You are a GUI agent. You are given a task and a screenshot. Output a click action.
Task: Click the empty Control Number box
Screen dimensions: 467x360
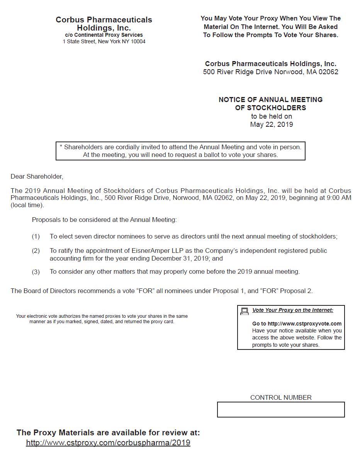point(281,409)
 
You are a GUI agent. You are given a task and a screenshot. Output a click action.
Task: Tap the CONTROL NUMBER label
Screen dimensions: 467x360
point(281,397)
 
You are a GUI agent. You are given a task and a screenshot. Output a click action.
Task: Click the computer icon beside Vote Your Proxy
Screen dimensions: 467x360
point(244,311)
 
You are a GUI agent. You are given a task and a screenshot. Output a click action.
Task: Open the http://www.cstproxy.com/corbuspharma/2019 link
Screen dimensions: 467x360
point(108,443)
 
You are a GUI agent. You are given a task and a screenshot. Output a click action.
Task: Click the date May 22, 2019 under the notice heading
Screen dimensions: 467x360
point(272,124)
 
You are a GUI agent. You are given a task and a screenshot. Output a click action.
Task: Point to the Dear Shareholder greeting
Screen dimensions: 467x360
point(37,177)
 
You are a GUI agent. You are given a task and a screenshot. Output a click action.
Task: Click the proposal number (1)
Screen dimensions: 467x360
point(36,237)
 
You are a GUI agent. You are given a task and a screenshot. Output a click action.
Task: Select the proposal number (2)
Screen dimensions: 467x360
point(36,251)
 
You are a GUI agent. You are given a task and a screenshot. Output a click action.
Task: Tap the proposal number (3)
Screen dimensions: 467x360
point(36,272)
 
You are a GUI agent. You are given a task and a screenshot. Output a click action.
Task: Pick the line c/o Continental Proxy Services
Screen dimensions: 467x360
point(104,35)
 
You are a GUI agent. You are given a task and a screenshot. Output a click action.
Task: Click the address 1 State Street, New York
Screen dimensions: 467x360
point(104,42)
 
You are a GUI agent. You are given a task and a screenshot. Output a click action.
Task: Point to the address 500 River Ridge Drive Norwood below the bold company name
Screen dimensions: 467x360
point(271,72)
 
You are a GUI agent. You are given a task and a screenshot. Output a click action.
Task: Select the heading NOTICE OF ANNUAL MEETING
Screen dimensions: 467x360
point(271,100)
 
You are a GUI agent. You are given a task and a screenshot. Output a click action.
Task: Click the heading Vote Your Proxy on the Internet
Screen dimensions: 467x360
point(293,310)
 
